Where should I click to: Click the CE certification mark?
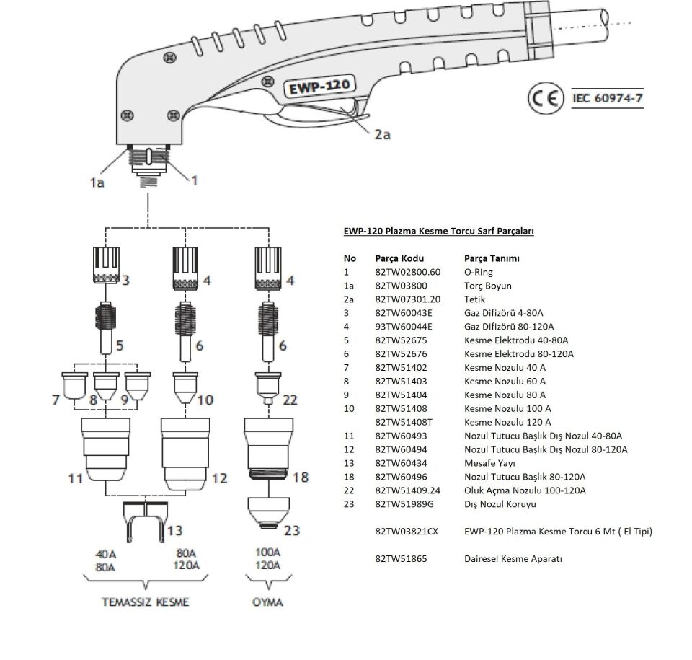click(545, 99)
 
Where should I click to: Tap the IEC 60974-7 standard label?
click(606, 99)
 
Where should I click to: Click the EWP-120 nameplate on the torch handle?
click(319, 87)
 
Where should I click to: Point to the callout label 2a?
click(382, 134)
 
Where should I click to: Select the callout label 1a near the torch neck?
click(96, 182)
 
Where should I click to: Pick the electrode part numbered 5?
click(107, 325)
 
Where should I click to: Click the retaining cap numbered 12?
click(185, 451)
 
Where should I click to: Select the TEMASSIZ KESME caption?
click(145, 602)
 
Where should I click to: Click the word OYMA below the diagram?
click(267, 602)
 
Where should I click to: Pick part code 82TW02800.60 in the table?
click(407, 272)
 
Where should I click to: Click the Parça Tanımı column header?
click(492, 258)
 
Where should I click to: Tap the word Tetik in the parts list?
click(475, 299)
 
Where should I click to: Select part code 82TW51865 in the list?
click(402, 558)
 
